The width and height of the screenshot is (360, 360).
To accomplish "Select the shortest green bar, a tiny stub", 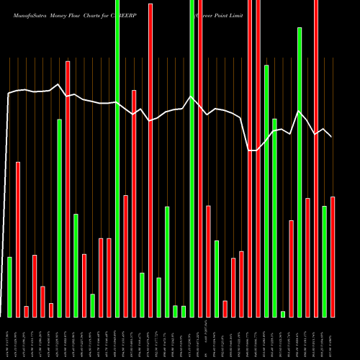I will point(283,314).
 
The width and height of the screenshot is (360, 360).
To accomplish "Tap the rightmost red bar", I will point(333,256).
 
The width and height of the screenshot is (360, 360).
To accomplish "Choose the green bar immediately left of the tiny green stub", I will point(274,217).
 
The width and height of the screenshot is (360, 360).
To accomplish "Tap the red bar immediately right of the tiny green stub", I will point(291,269).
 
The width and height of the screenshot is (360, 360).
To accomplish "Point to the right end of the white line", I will point(331,136).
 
